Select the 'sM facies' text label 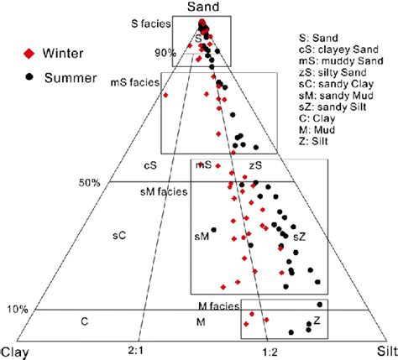pyautogui.click(x=164, y=192)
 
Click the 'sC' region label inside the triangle pyautogui.click(x=120, y=237)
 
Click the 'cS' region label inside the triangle pyautogui.click(x=150, y=166)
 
